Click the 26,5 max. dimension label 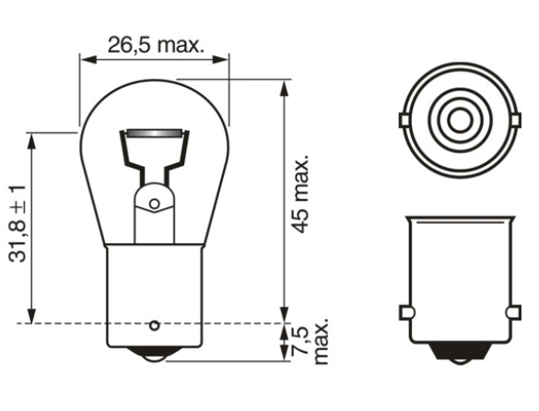pyautogui.click(x=156, y=45)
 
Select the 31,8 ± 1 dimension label pyautogui.click(x=18, y=224)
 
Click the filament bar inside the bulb pyautogui.click(x=154, y=133)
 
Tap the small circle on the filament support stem pyautogui.click(x=155, y=204)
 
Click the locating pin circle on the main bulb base pyautogui.click(x=155, y=325)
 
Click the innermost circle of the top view pyautogui.click(x=461, y=120)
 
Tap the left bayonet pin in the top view pyautogui.click(x=404, y=121)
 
